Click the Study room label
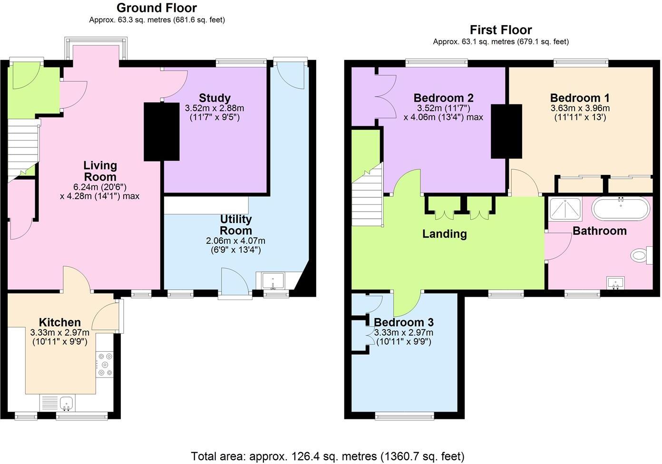214,98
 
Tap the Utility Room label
235,225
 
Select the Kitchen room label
59,322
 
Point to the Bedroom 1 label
579,98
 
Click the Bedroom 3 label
403,322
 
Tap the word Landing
444,234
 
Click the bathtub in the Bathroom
620,208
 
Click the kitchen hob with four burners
104,364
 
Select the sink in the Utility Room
273,280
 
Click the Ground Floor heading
156,8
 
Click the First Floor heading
500,30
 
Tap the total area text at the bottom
327,456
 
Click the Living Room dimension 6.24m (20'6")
100,186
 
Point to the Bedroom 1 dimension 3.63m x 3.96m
580,108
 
